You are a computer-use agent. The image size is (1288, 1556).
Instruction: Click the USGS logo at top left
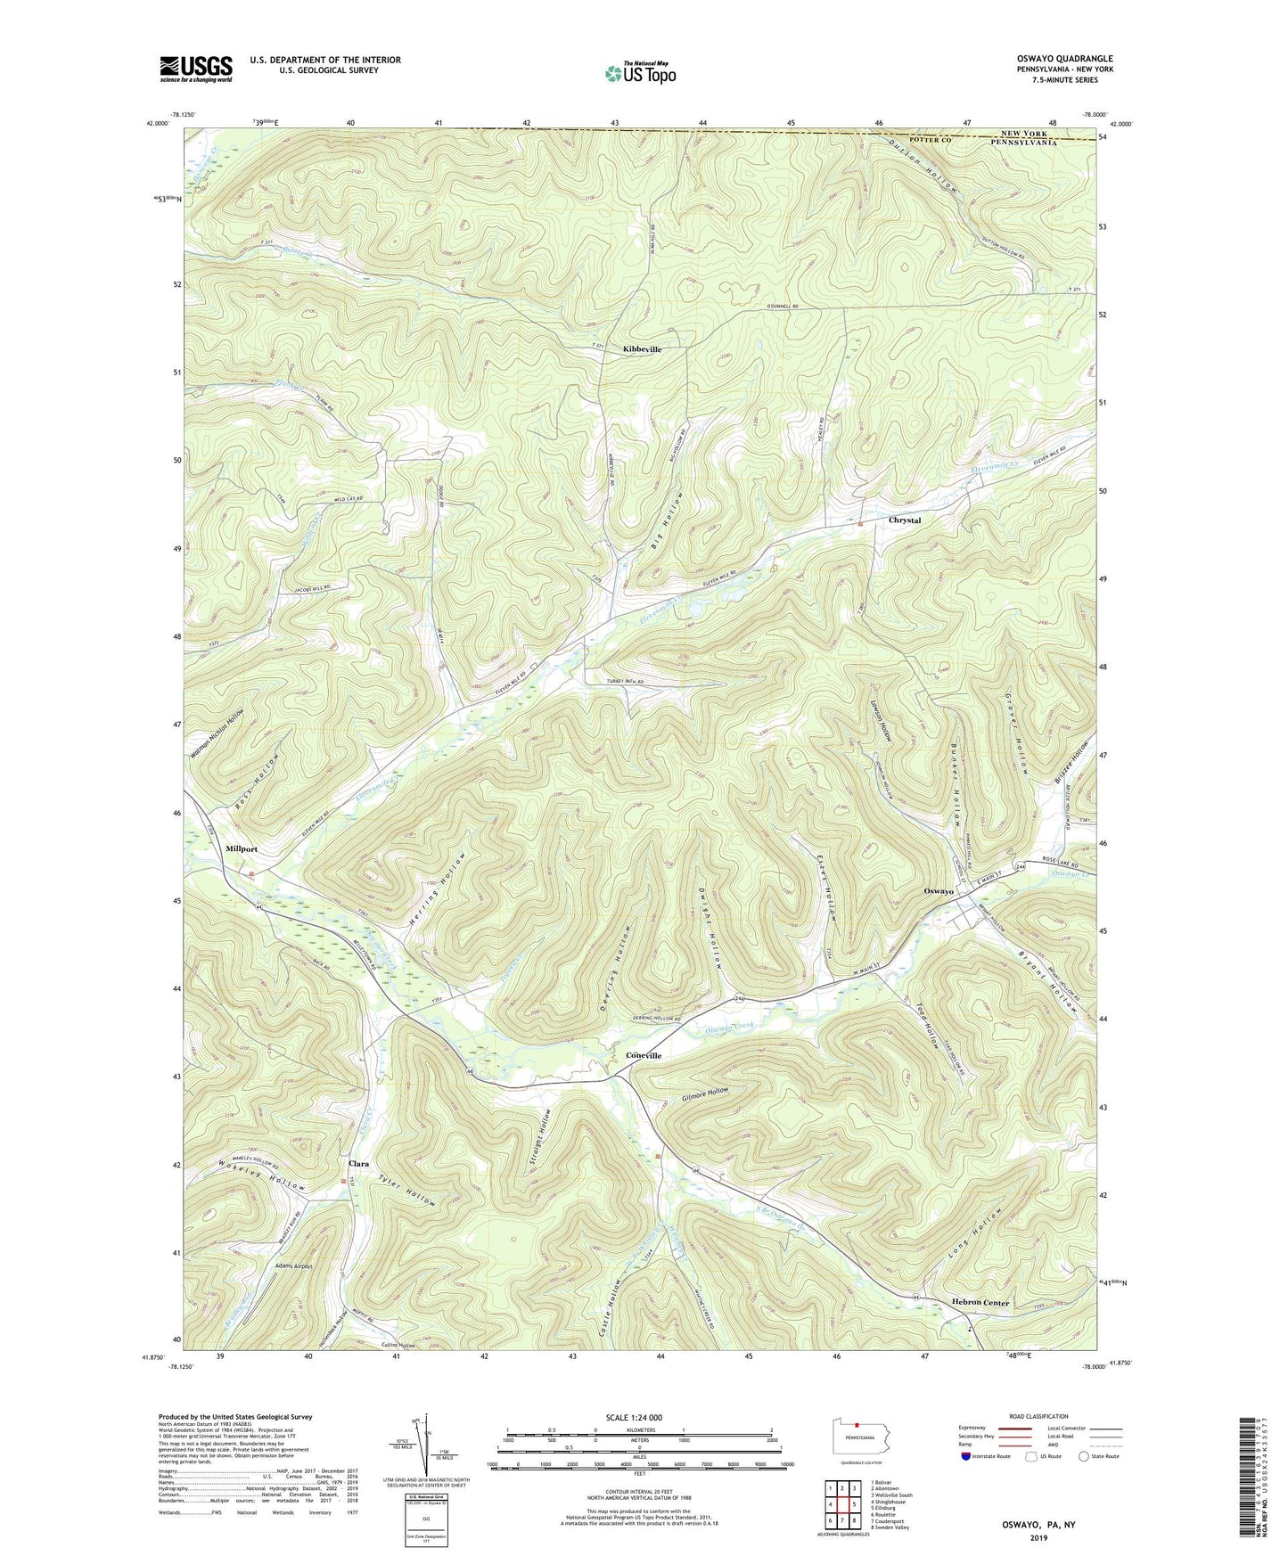[195, 68]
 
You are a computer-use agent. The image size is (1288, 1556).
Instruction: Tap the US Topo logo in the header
[639, 74]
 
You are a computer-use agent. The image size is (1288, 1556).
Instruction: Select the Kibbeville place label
[642, 349]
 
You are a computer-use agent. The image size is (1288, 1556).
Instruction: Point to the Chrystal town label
[904, 520]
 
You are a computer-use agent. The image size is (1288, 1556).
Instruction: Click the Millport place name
[241, 848]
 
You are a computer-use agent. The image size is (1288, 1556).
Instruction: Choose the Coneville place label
[643, 1055]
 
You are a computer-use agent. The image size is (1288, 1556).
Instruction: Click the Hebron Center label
[979, 1302]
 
